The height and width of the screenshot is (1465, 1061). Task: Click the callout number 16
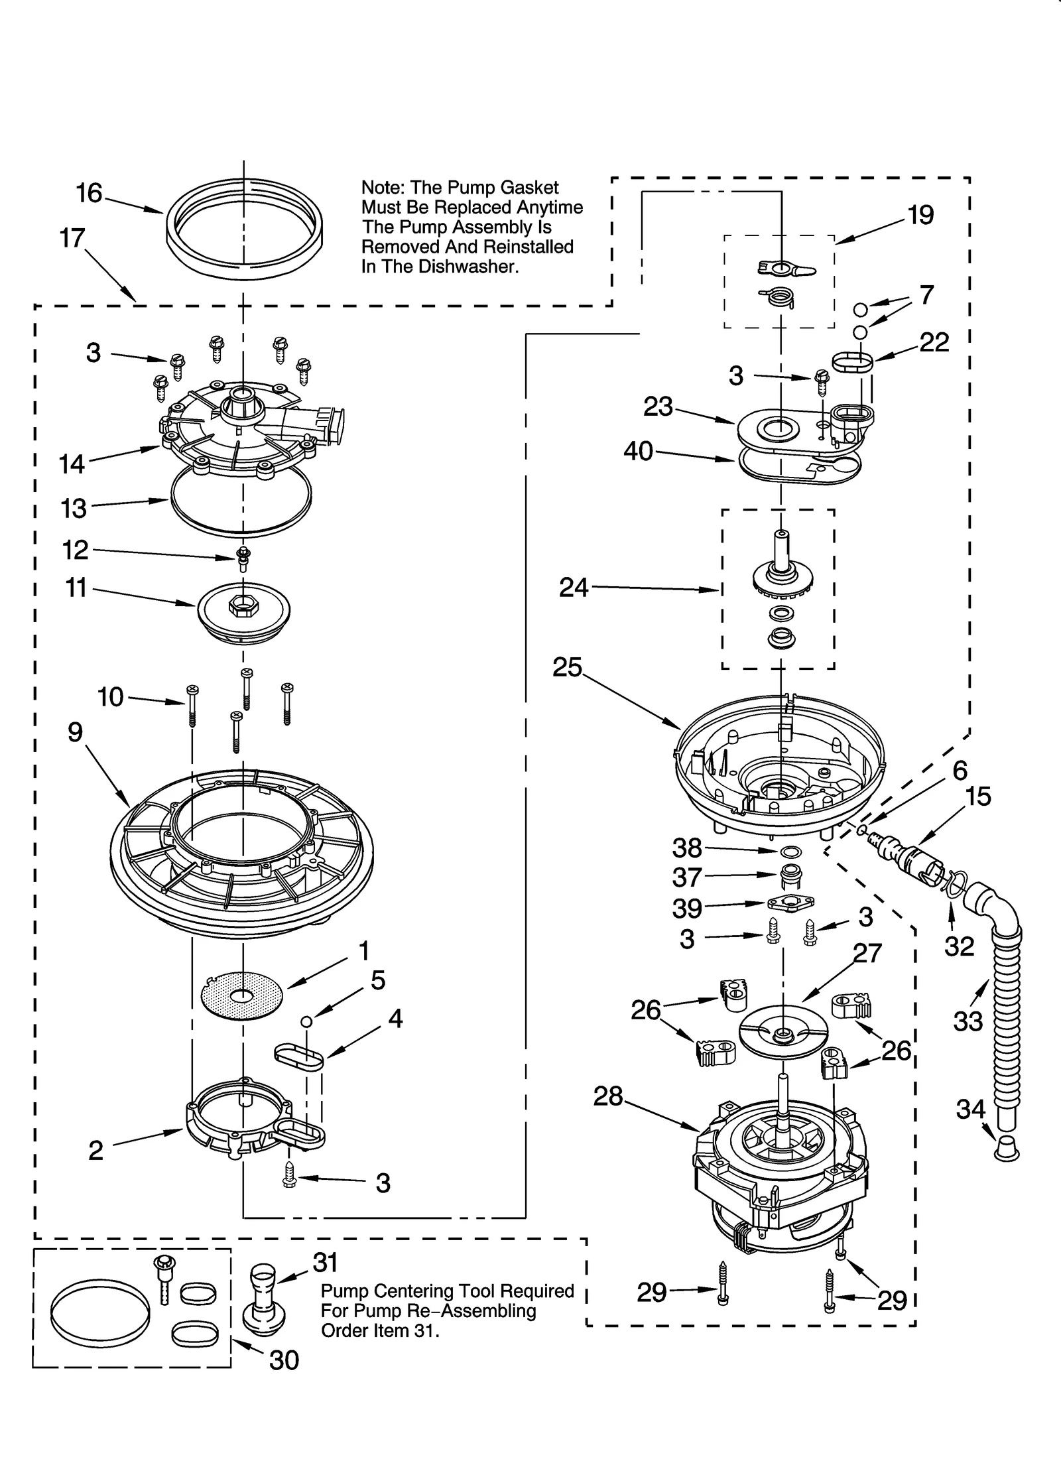(89, 194)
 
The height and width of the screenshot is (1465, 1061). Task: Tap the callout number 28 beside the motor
(608, 1096)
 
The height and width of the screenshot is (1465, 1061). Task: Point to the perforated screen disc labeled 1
(243, 995)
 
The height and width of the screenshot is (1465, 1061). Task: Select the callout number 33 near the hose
(967, 1021)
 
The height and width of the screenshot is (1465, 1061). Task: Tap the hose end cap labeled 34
(1007, 1147)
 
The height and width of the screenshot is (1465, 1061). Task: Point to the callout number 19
(920, 215)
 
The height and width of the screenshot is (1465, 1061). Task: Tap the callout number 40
(638, 452)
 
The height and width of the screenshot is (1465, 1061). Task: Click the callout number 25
(567, 667)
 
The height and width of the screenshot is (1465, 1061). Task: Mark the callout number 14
(72, 464)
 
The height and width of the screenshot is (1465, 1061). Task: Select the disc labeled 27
(782, 1035)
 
